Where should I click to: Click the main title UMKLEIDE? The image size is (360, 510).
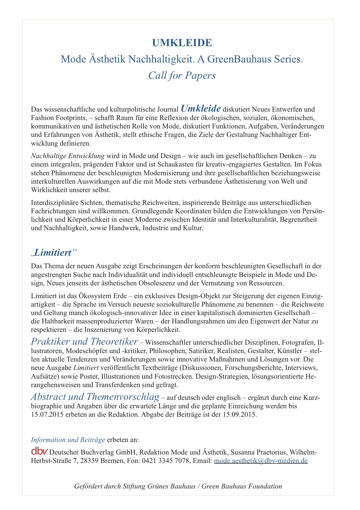click(182, 43)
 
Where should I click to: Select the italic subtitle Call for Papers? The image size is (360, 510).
click(182, 75)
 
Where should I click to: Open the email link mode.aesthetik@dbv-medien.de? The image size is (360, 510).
click(261, 461)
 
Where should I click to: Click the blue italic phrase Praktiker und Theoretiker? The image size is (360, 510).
click(84, 341)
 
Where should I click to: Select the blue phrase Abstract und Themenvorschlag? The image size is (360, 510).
click(95, 397)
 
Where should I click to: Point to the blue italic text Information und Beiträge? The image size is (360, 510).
click(68, 440)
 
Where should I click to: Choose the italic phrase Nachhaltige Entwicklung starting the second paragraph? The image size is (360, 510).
click(68, 156)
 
